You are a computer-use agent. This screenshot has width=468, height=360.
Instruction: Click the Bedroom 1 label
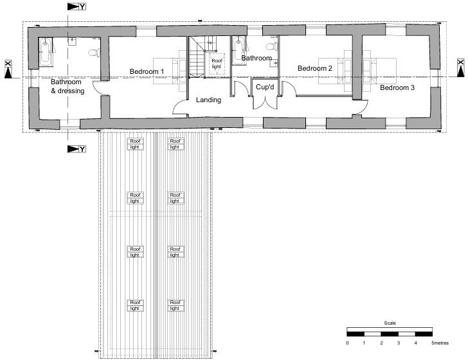point(147,71)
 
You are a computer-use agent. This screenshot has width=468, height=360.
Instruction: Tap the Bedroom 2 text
point(314,68)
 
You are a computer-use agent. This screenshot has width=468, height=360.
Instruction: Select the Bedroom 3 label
point(397,87)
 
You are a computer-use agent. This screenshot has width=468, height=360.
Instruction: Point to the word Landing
point(208,100)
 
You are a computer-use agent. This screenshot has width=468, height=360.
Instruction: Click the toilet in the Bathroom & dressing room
point(94,52)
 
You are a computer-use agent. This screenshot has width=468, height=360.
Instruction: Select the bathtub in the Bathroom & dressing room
point(46,52)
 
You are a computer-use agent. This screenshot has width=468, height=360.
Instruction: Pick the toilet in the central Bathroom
point(273,45)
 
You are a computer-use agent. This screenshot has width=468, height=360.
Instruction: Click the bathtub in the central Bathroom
point(239,48)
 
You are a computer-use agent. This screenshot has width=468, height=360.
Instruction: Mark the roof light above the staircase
point(217,63)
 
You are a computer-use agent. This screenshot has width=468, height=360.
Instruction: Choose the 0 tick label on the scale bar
point(347,344)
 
